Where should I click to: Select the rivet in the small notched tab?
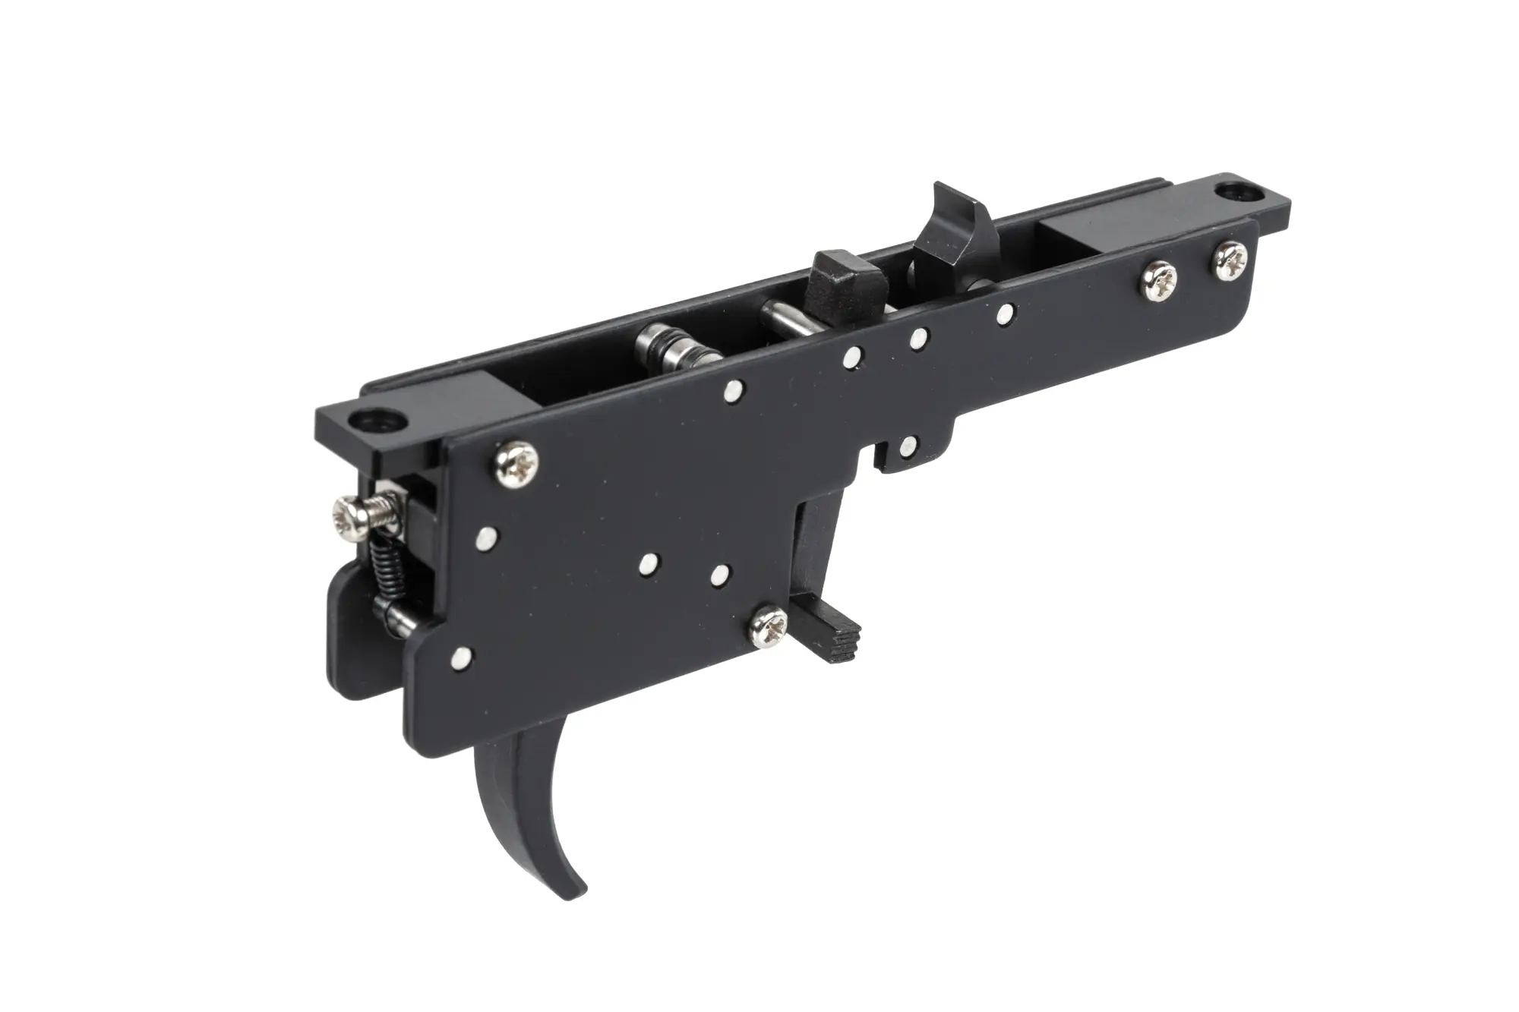click(908, 447)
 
